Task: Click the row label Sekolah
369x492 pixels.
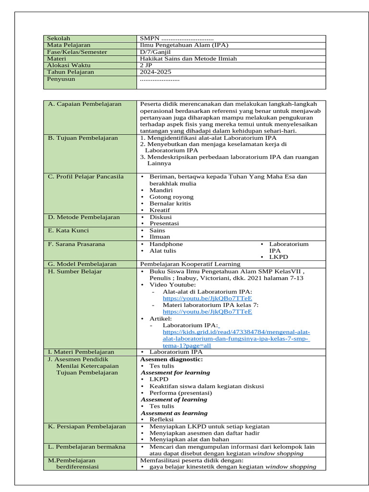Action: click(x=58, y=38)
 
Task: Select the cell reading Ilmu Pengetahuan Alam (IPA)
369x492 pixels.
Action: click(x=184, y=45)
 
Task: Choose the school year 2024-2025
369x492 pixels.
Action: click(x=155, y=72)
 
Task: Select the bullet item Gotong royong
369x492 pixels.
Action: click(x=172, y=197)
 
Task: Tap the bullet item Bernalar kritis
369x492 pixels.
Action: click(x=170, y=203)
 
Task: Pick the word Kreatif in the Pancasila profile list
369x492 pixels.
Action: click(x=160, y=210)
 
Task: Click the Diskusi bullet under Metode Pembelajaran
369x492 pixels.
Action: click(x=160, y=217)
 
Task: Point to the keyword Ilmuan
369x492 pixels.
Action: click(x=160, y=237)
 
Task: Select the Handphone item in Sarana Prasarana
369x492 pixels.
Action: click(x=166, y=244)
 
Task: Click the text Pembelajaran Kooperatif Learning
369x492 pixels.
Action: click(x=190, y=264)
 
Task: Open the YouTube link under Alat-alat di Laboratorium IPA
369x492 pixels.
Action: click(x=207, y=298)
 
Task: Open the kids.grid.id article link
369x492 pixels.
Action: click(x=236, y=339)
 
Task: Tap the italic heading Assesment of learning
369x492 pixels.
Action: click(x=174, y=399)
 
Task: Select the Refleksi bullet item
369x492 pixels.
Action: click(x=161, y=419)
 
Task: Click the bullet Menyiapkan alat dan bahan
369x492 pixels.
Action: click(x=189, y=439)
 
